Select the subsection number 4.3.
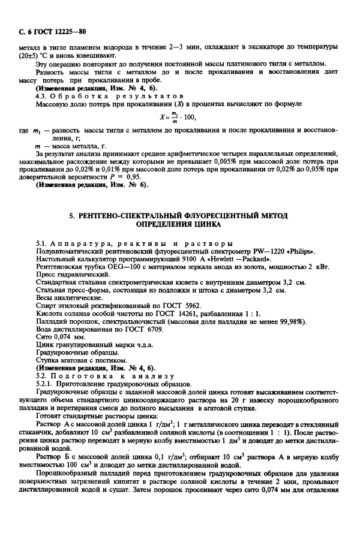click(x=42, y=94)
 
